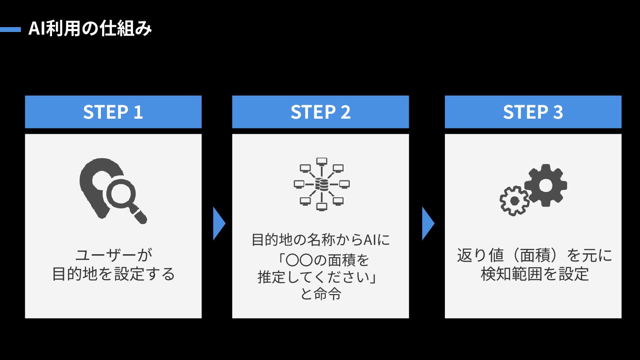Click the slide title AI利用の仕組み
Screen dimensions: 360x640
[x=90, y=29]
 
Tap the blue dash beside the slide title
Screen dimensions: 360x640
[x=10, y=30]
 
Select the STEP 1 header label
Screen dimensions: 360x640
[x=113, y=112]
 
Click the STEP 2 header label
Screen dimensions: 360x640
[x=320, y=112]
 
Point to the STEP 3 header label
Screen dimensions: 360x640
[x=533, y=112]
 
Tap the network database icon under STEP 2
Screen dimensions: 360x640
[x=321, y=184]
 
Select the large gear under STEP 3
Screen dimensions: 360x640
[x=545, y=185]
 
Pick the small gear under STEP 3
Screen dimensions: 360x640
[x=515, y=201]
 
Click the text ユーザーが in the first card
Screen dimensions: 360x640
[x=114, y=256]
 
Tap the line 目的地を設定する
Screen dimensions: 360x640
[x=114, y=274]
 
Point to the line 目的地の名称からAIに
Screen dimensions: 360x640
[x=320, y=240]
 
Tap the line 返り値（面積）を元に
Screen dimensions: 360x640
[x=534, y=256]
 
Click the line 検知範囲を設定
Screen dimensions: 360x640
[x=534, y=274]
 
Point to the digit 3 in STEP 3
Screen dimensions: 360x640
[x=558, y=112]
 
